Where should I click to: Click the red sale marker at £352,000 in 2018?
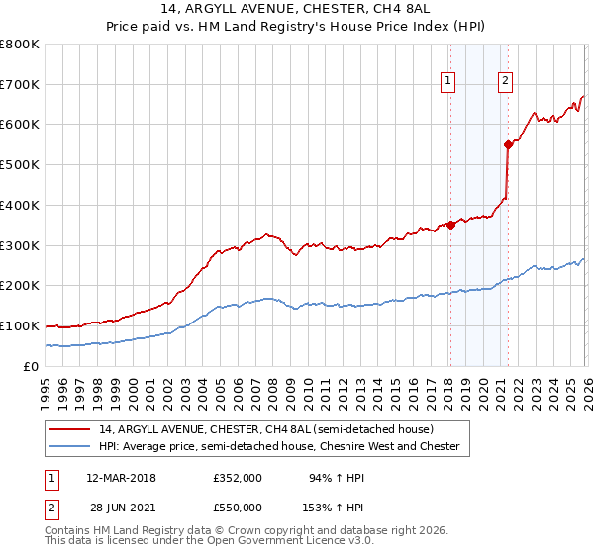tap(450, 225)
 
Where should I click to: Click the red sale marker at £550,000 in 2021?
tap(508, 144)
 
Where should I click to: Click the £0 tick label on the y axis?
tap(30, 366)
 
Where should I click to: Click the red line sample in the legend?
tap(71, 429)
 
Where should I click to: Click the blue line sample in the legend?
tap(71, 447)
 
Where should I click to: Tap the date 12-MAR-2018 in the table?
tap(121, 478)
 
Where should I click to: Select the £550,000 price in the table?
tap(238, 507)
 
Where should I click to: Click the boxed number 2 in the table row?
tap(51, 507)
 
